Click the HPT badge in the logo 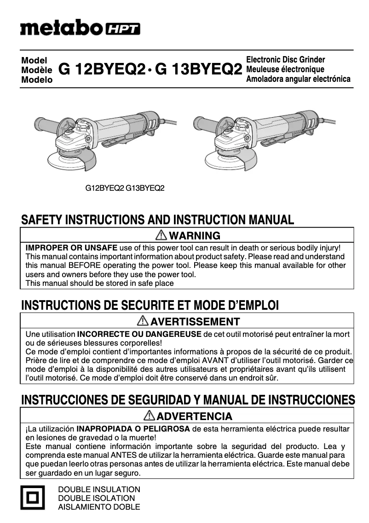tap(123, 29)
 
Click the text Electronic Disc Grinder tap(286, 60)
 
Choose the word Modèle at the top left tap(37, 70)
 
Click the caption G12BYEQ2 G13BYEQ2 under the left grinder tap(125, 188)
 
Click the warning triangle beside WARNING tap(161, 236)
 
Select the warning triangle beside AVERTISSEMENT tap(143, 321)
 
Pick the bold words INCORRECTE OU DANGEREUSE tap(139, 334)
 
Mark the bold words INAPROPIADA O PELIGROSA tap(133, 429)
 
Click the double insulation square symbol tap(32, 498)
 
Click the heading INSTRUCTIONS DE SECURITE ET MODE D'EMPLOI tap(150, 306)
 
